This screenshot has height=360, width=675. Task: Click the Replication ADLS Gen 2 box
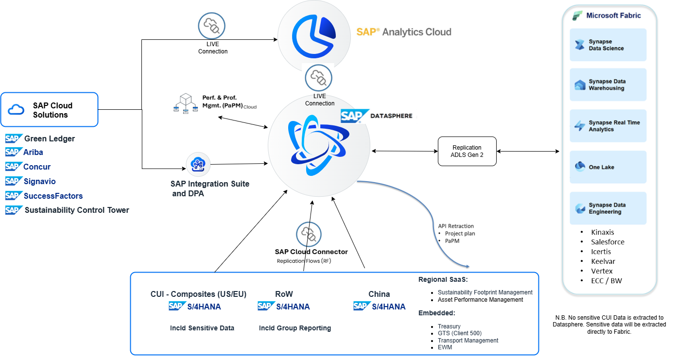[x=467, y=151]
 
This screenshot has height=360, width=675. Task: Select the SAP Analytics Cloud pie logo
[x=314, y=35]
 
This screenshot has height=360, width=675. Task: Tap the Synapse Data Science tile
[x=608, y=45]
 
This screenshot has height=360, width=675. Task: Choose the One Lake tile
[x=608, y=167]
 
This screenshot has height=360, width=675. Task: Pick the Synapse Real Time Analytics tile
[x=608, y=126]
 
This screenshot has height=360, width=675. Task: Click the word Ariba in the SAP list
[x=33, y=153]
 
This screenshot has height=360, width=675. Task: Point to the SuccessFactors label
[x=53, y=196]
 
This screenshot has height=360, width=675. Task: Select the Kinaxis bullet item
[x=603, y=232]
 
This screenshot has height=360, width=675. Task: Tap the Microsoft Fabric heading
[x=613, y=16]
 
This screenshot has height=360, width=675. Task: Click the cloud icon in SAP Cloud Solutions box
[x=17, y=110]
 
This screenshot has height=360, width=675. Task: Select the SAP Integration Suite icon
[x=198, y=165]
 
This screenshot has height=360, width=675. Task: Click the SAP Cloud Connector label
[x=311, y=252]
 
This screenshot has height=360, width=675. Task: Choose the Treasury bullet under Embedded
[x=449, y=326]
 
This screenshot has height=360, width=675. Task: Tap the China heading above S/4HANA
[x=379, y=294]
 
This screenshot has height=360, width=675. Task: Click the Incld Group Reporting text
[x=295, y=328]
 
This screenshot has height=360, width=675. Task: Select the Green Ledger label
[x=50, y=139]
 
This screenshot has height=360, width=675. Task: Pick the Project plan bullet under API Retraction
[x=460, y=234]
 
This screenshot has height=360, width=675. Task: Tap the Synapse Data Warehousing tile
[x=608, y=85]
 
